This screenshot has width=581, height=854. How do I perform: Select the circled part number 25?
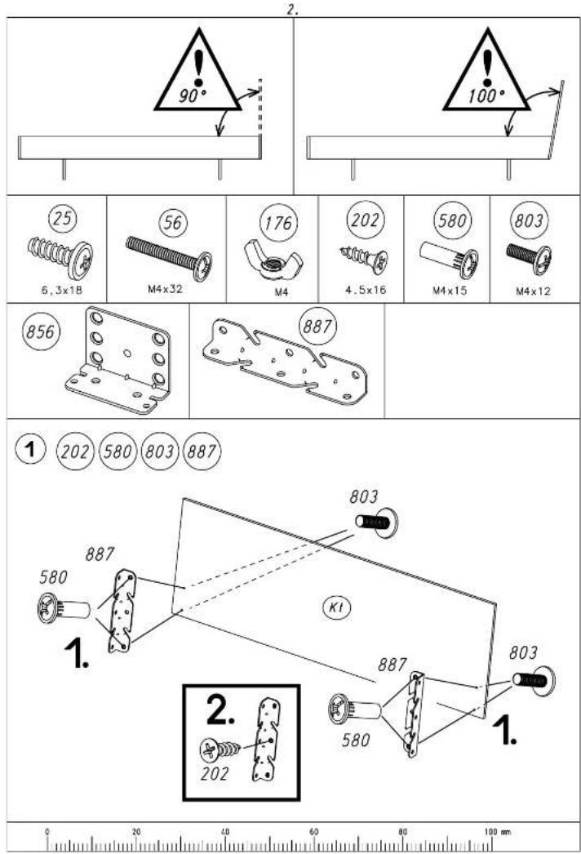click(x=63, y=219)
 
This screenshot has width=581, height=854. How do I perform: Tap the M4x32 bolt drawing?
click(x=169, y=258)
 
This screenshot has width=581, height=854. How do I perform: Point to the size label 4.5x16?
click(x=366, y=290)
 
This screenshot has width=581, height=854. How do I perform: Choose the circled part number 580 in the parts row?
click(x=451, y=220)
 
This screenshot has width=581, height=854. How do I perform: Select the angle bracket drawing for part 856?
click(x=118, y=359)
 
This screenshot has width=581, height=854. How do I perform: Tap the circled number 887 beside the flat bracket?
click(x=317, y=327)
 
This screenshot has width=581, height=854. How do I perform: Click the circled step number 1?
click(x=30, y=450)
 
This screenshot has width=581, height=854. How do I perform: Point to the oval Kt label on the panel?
click(x=336, y=607)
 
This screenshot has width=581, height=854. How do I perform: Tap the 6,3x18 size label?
click(x=62, y=291)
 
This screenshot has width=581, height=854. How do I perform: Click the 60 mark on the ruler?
click(x=314, y=831)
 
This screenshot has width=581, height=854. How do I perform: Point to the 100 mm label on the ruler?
click(x=497, y=831)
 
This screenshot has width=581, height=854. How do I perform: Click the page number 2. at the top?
click(x=292, y=10)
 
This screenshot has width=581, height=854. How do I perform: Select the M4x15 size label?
click(x=450, y=291)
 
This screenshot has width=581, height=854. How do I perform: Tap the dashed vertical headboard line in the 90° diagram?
click(x=260, y=109)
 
